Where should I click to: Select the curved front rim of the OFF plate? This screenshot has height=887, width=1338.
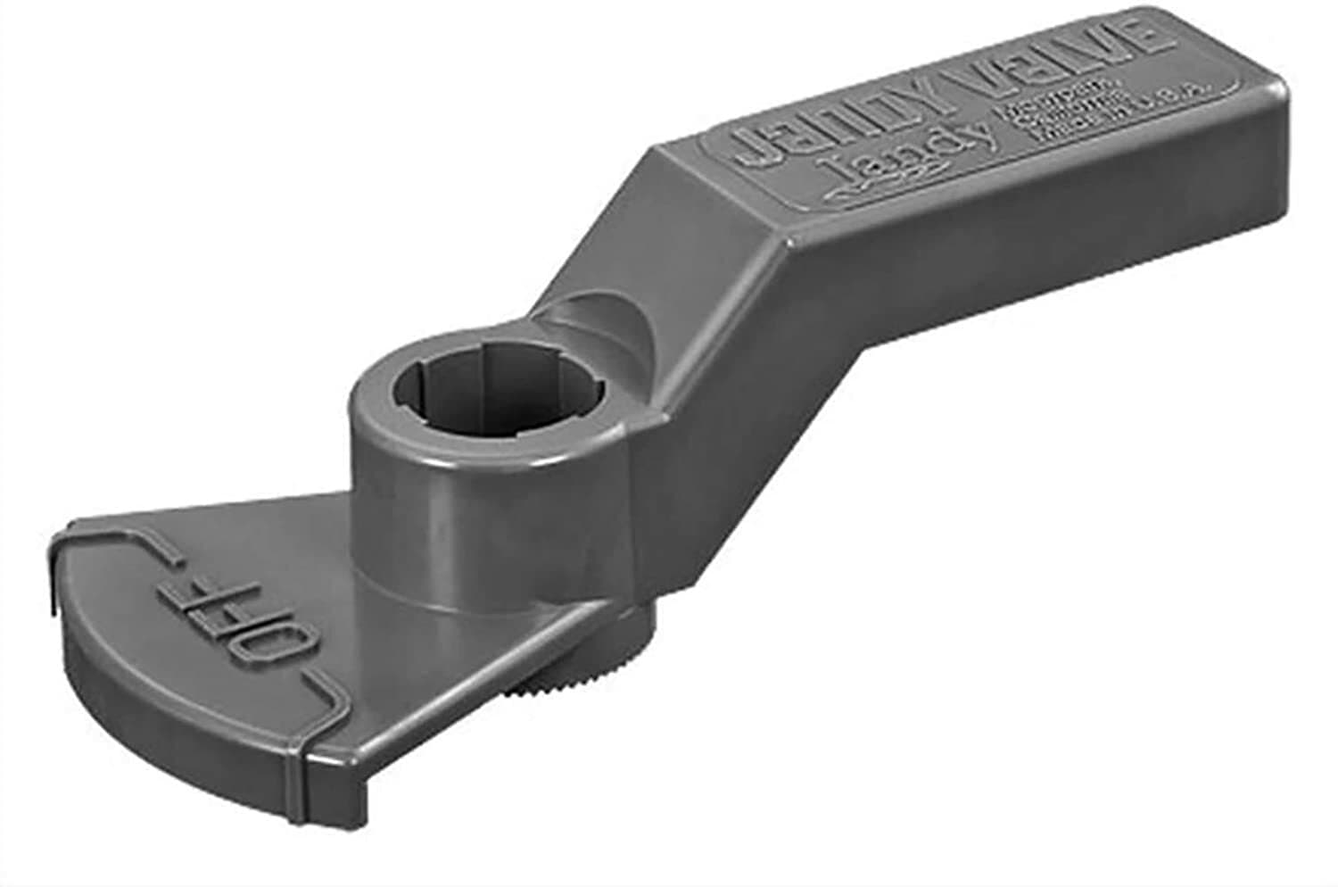(x=178, y=705)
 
